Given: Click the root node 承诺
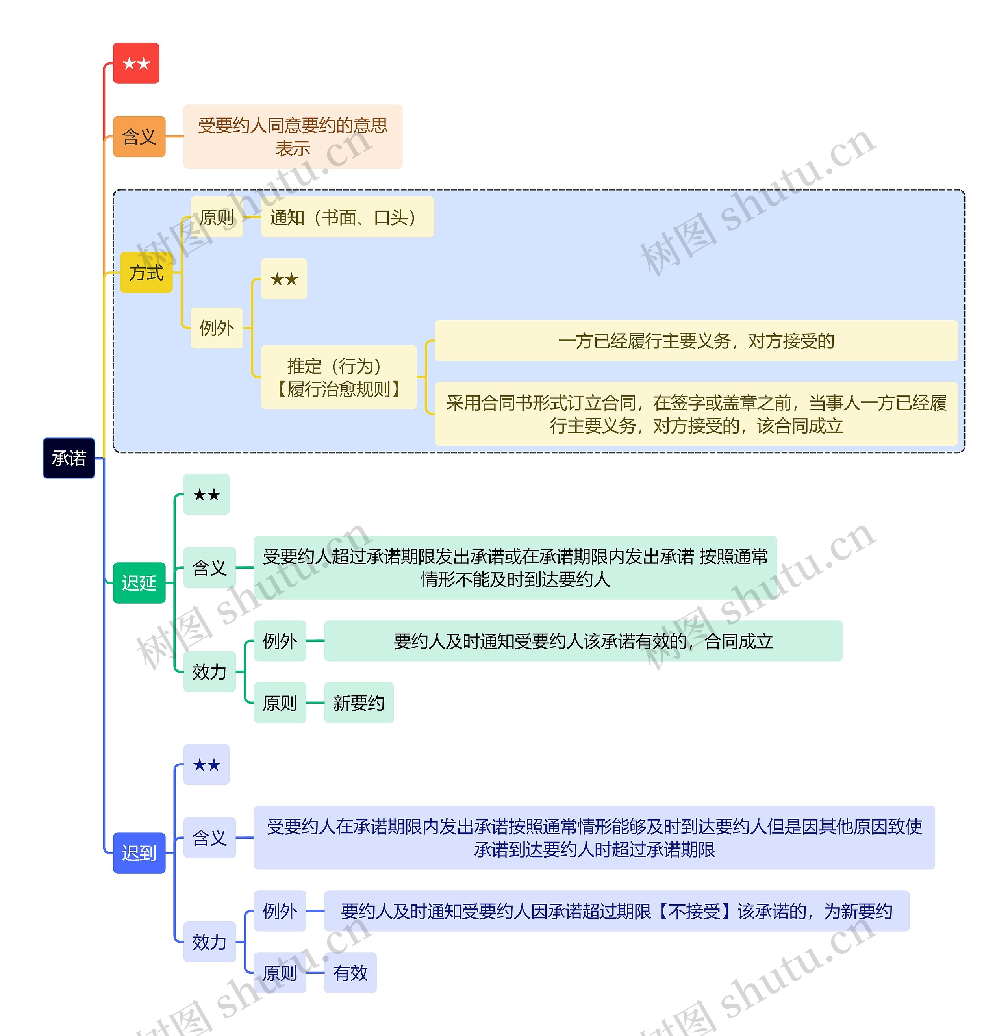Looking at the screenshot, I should [69, 458].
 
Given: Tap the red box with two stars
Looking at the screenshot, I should [136, 63].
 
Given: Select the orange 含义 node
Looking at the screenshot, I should [139, 137].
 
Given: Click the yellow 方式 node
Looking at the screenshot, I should [146, 272].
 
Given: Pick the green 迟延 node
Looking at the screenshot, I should [139, 583].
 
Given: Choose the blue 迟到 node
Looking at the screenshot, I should [139, 853].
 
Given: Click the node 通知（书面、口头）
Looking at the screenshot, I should [347, 217].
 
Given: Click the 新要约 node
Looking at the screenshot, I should [358, 702].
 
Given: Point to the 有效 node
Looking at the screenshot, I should [350, 973].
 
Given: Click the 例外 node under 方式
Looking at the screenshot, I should [217, 328].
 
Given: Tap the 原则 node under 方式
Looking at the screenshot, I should [217, 217].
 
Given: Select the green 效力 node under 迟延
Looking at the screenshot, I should [209, 672].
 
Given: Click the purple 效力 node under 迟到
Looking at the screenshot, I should [209, 942].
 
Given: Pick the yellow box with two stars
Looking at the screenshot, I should [284, 279].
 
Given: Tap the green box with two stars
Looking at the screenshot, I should [206, 495].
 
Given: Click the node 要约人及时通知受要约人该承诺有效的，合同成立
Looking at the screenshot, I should [583, 641].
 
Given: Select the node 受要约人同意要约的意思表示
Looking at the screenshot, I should [293, 137].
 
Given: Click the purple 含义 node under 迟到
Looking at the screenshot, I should [209, 838].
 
